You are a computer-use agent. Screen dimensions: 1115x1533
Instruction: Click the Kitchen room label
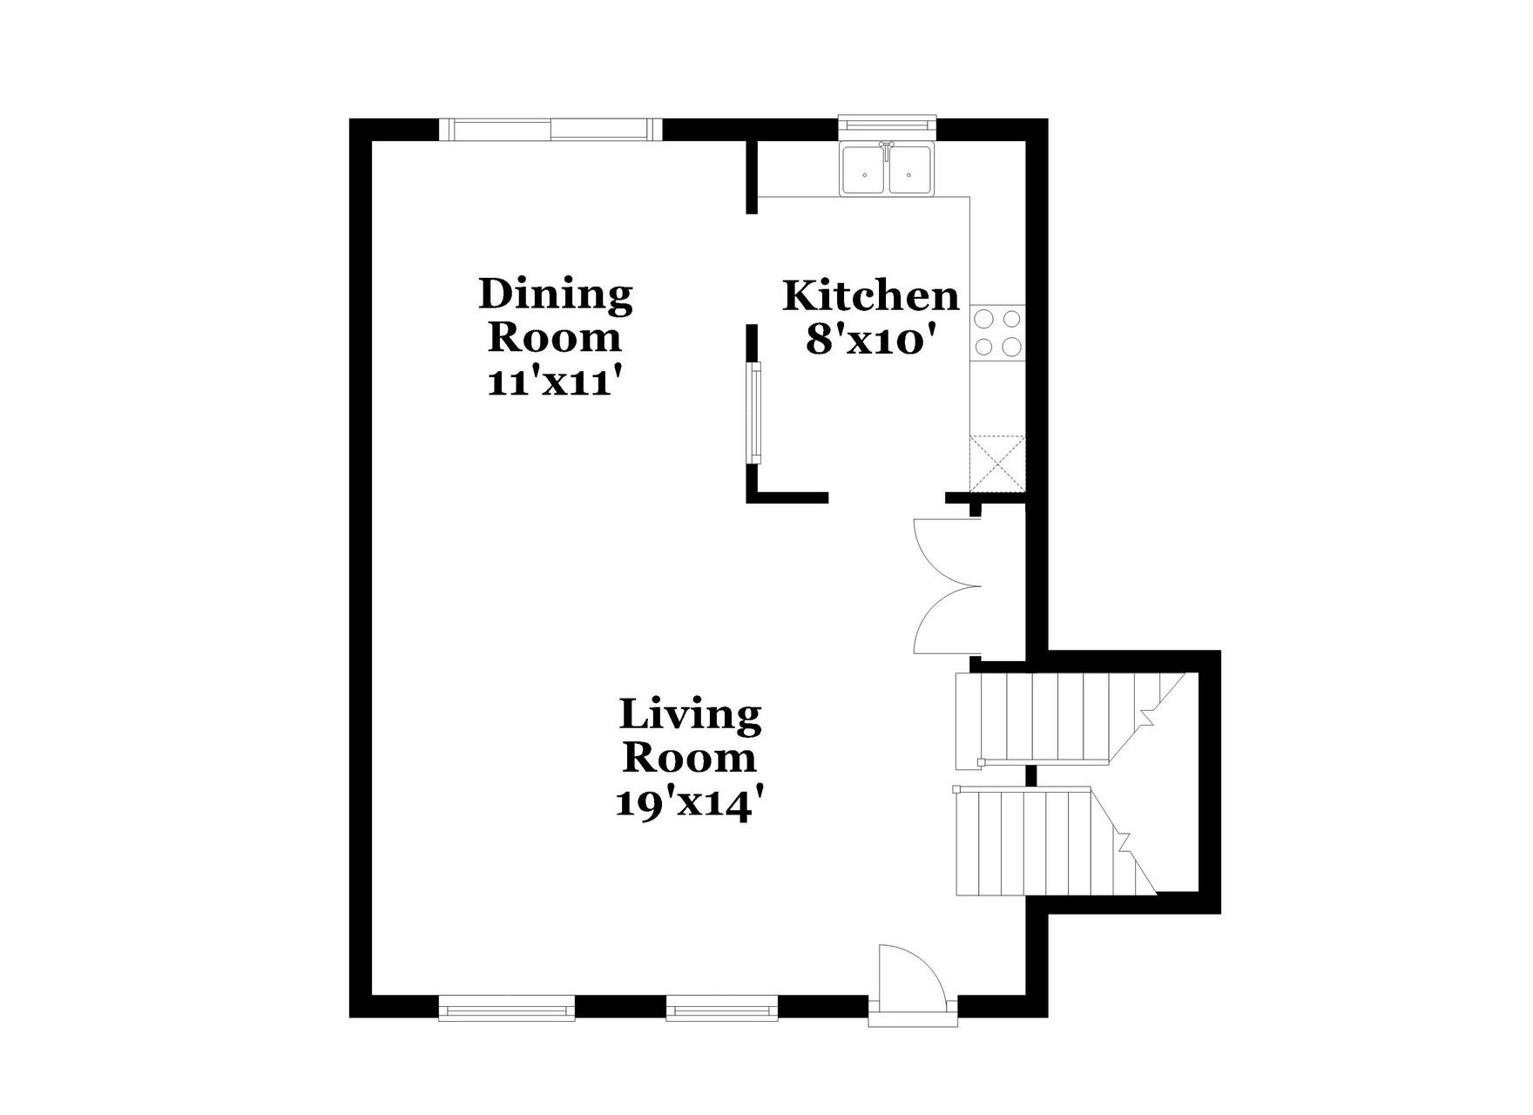coord(870,296)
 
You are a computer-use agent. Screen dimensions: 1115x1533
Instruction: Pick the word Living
coord(690,715)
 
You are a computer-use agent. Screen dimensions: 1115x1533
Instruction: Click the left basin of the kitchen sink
coord(864,171)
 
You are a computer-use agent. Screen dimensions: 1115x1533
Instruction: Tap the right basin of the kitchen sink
coord(909,171)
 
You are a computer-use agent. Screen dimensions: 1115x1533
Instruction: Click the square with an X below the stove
coord(998,463)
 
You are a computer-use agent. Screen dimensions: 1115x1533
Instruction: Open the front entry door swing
coord(910,978)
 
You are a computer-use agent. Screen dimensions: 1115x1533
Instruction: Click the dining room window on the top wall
coord(550,130)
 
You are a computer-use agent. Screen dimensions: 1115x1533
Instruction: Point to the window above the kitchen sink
coord(887,127)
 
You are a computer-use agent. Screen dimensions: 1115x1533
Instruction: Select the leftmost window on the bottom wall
coord(506,1008)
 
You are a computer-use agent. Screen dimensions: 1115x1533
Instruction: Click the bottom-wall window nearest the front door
coord(721,1008)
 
